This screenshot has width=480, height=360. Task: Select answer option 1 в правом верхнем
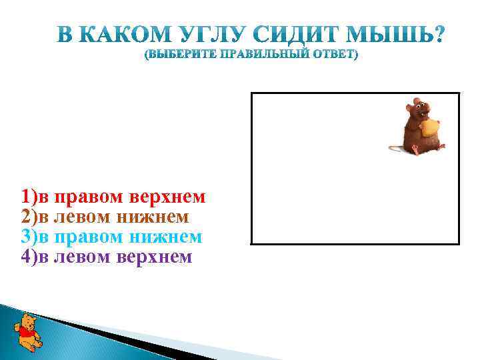[113, 198]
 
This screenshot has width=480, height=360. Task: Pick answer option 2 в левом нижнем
[105, 217]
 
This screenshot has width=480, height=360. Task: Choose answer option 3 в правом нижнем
[111, 237]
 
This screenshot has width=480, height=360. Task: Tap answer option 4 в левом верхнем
[106, 257]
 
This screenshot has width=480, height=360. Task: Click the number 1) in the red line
[29, 198]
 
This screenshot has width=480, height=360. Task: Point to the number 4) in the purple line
[29, 257]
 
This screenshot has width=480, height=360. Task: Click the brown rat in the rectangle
[417, 127]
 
